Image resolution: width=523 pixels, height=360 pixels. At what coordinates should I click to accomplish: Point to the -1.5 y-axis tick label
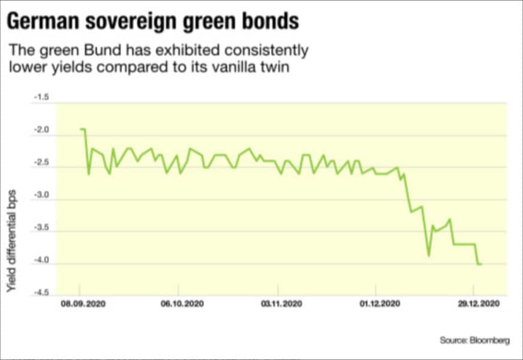click(41, 97)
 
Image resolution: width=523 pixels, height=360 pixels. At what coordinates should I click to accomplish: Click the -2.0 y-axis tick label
click(41, 131)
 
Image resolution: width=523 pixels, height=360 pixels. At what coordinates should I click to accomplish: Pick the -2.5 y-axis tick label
click(41, 164)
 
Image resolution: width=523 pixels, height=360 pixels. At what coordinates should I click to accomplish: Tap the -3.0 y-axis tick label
click(41, 197)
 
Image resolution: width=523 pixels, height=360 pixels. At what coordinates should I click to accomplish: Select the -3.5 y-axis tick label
click(41, 229)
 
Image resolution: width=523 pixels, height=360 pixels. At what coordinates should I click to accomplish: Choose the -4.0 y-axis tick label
click(41, 262)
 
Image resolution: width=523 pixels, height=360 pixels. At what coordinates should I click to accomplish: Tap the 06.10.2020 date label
click(182, 305)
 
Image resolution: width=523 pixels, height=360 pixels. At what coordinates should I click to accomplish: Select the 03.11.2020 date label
click(280, 305)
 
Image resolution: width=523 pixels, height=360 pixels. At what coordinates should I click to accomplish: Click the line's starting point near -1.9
click(80, 129)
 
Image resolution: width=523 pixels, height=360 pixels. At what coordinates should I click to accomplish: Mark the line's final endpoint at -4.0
click(482, 264)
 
